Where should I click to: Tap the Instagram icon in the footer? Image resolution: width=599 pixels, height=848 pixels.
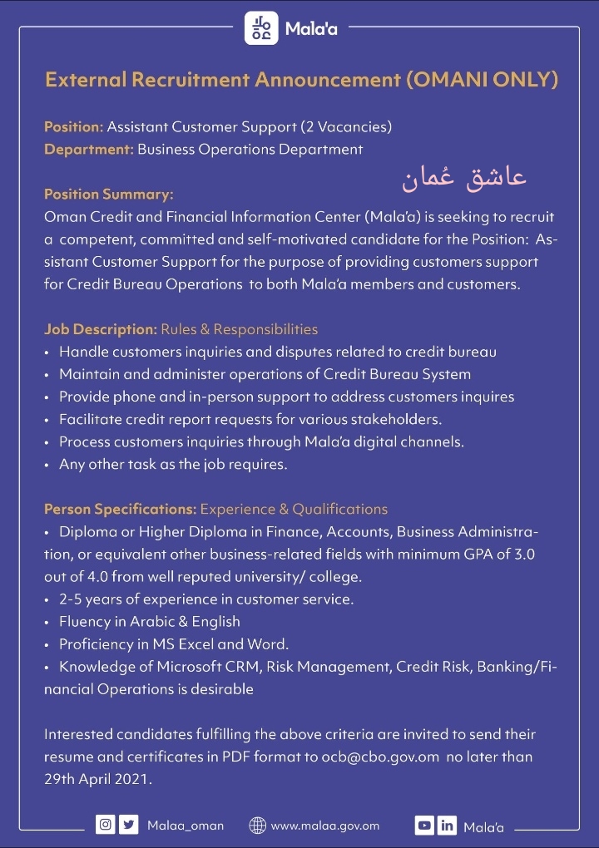point(106,826)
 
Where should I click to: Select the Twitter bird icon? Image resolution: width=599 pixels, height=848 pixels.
point(127,826)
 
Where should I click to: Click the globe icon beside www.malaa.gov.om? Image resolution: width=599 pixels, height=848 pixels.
point(258,826)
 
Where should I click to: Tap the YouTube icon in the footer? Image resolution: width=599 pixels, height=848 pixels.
point(424,826)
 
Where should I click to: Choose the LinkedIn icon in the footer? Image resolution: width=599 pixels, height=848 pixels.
point(447,826)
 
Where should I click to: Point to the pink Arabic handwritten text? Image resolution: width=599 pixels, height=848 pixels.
point(464,178)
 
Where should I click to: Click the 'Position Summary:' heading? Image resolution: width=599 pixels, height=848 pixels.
point(109,195)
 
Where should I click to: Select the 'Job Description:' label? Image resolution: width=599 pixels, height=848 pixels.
point(101,329)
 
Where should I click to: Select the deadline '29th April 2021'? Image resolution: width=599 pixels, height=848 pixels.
point(97,781)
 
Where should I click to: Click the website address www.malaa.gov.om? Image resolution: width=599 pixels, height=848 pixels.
point(325,826)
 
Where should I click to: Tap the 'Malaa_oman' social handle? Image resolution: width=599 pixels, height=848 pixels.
point(186,826)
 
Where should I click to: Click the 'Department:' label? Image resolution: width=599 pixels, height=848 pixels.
point(88,150)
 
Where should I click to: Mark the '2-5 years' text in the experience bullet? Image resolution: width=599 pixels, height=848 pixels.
point(88,599)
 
